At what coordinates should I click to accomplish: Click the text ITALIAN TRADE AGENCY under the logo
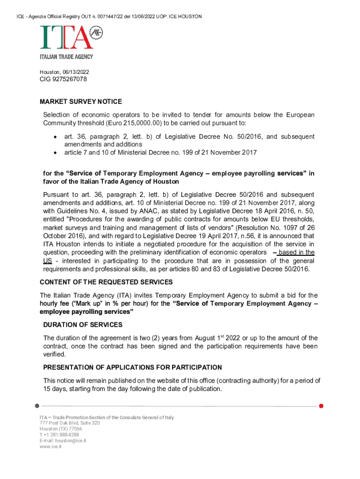(66, 57)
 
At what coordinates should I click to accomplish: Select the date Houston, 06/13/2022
(64, 72)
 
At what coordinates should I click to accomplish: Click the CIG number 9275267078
(63, 79)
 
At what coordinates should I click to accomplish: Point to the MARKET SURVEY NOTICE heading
(81, 102)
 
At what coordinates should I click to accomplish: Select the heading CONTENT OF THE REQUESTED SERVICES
(106, 282)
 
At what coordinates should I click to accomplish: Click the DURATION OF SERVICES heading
(83, 325)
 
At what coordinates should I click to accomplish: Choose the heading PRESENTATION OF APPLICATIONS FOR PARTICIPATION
(132, 367)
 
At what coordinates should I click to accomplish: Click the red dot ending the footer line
(321, 406)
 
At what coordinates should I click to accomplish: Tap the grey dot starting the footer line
(37, 406)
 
